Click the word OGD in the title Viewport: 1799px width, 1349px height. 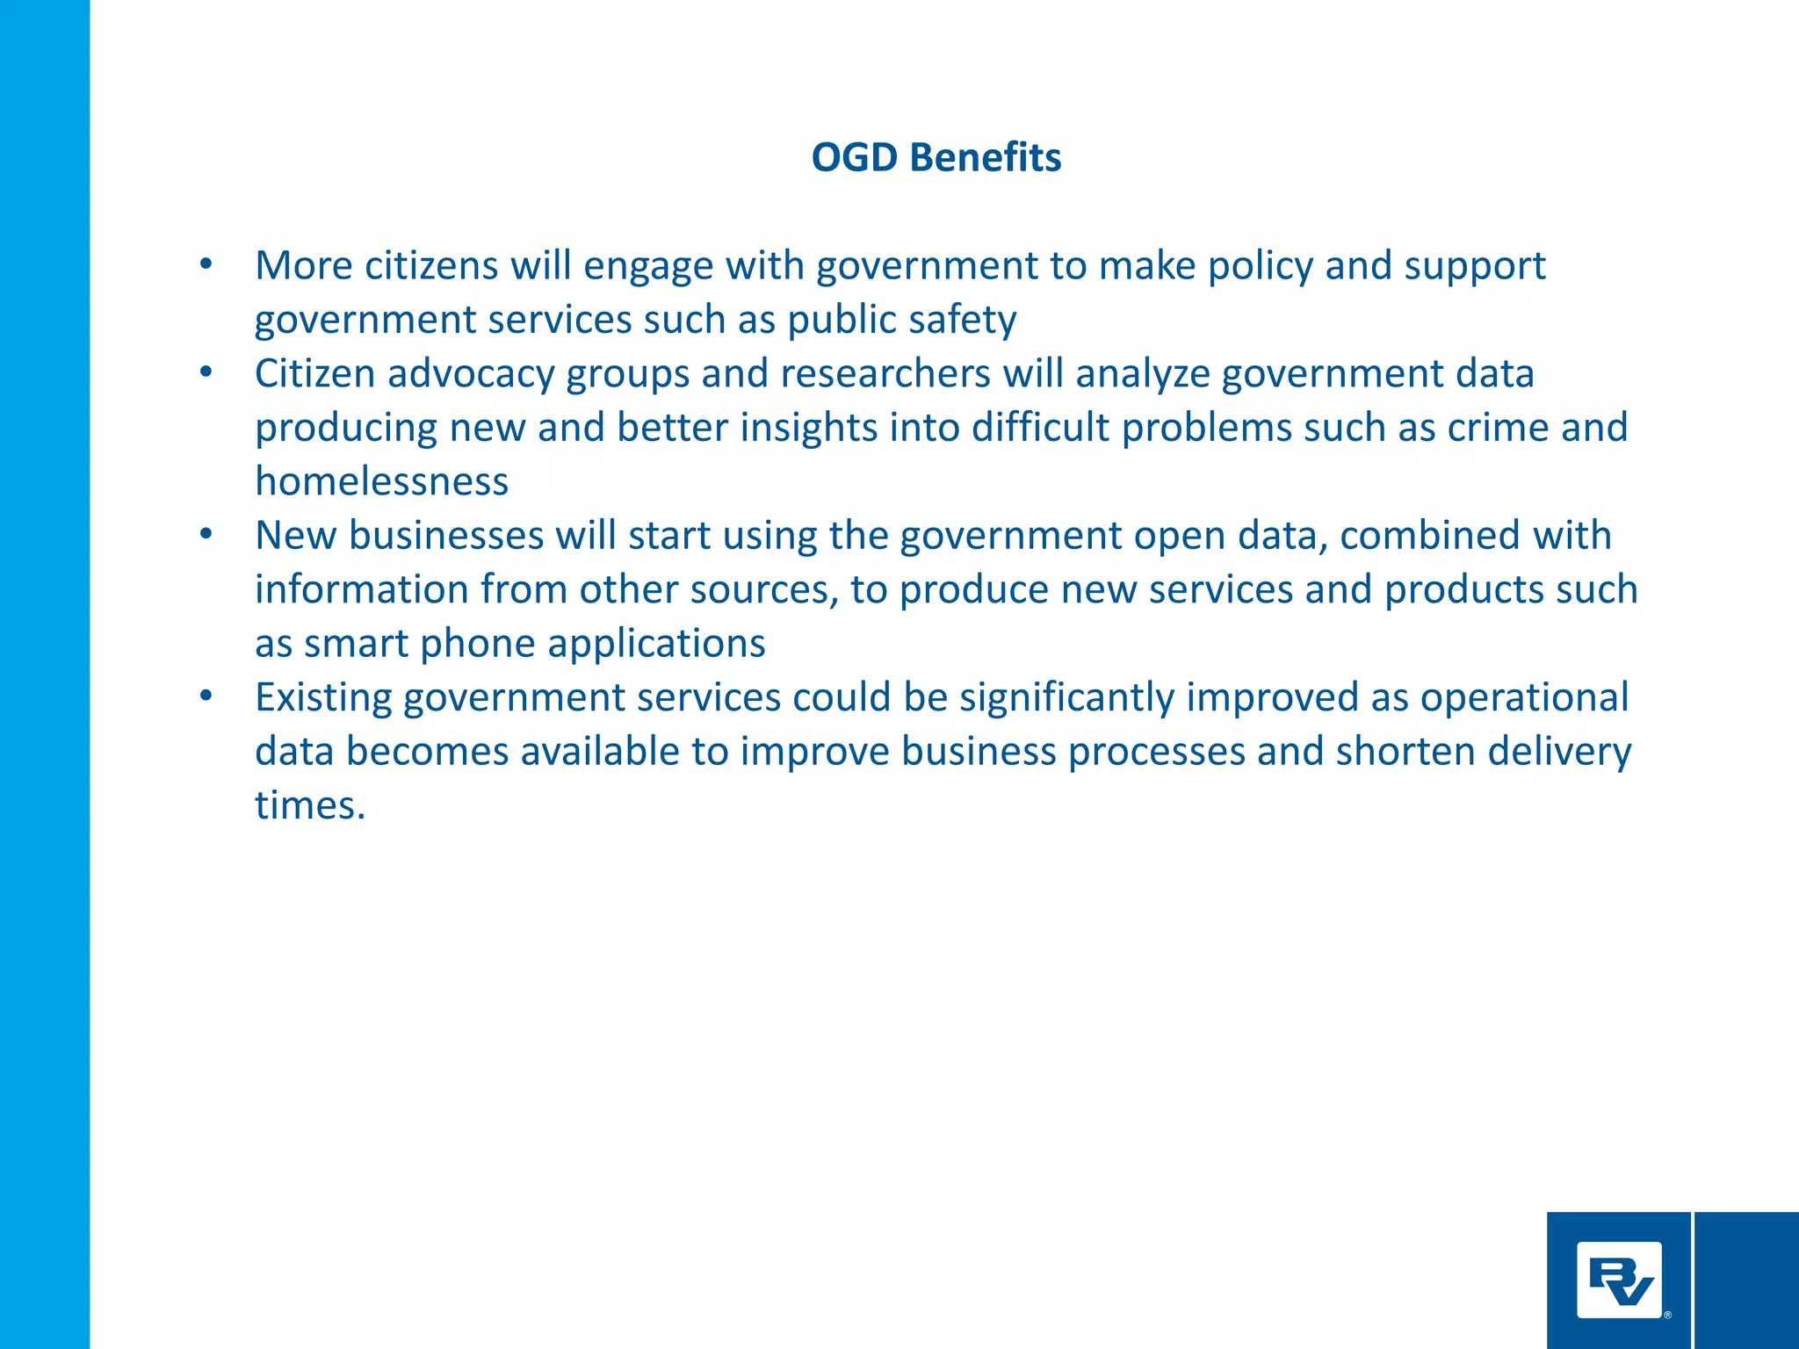855,158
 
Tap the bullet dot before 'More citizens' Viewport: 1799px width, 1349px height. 206,264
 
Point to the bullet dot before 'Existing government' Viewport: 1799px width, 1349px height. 206,696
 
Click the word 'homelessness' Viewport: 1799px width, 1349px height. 382,482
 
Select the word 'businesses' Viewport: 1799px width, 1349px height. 446,536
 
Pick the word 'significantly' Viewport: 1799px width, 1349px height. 1067,698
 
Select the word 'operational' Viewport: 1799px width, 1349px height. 1524,698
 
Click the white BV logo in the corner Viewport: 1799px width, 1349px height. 1619,1280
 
